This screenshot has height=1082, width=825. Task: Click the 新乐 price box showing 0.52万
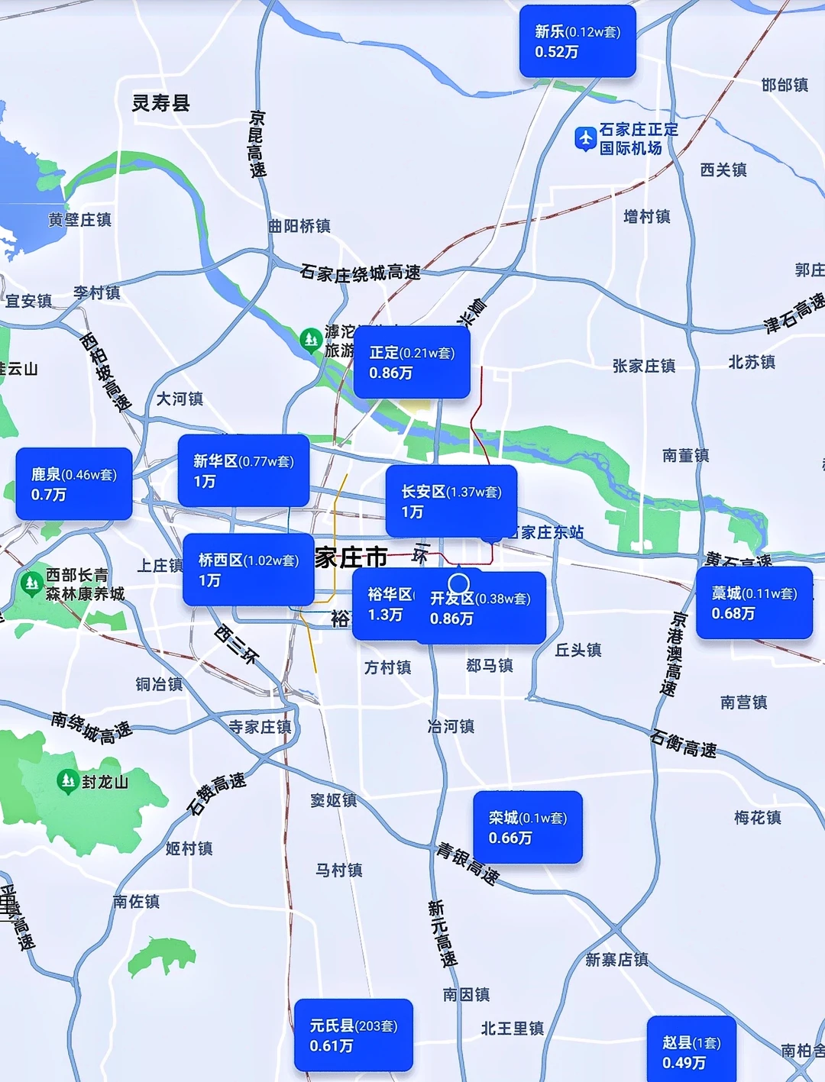coord(577,41)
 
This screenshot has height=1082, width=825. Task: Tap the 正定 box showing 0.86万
coord(412,362)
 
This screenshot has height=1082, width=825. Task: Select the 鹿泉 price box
coord(74,484)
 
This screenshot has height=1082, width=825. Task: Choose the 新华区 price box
coord(244,470)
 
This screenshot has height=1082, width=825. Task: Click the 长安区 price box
coord(451,501)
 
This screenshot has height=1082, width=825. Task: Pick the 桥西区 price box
coord(248,570)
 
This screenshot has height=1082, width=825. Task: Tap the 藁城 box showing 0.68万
coord(754,602)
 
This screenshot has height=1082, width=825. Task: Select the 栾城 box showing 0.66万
coord(528,827)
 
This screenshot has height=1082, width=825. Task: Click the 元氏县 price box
coord(353,1035)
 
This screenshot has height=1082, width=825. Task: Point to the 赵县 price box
coord(691,1051)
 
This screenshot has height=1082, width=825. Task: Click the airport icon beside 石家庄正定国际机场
coord(585,138)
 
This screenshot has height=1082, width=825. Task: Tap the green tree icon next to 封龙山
coord(68,780)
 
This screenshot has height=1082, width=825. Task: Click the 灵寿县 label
coord(160,103)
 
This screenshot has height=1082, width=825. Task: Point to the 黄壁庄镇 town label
coord(80,220)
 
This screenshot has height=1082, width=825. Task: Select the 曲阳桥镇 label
coord(299,226)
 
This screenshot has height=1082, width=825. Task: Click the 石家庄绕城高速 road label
coord(360,273)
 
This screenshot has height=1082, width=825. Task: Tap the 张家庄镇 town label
coord(644,366)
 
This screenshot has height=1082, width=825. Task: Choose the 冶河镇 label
coord(451,726)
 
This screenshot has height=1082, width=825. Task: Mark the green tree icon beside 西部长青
coord(31,583)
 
